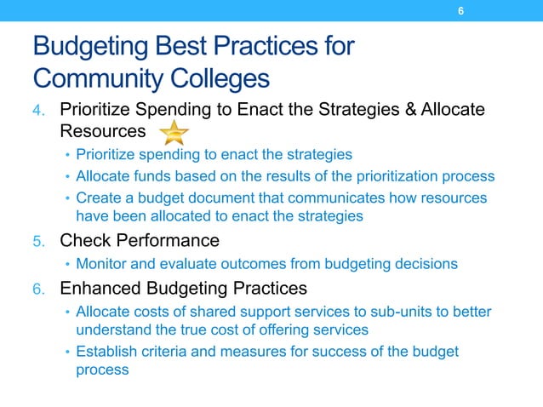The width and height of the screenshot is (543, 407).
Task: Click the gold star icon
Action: pyautogui.click(x=174, y=133)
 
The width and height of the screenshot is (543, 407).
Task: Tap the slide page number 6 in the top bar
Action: pyautogui.click(x=460, y=11)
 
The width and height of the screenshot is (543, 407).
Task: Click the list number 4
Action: pyautogui.click(x=39, y=111)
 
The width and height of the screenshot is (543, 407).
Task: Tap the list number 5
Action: pyautogui.click(x=39, y=241)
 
